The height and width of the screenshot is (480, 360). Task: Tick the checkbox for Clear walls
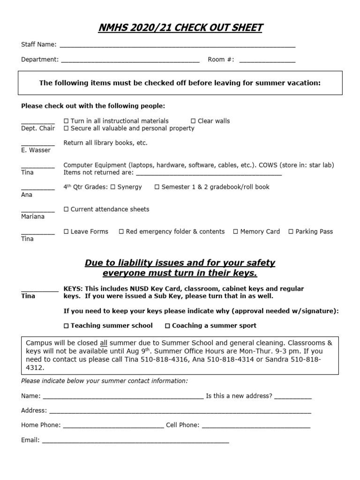[193, 121]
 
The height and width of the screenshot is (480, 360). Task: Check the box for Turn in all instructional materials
[66, 121]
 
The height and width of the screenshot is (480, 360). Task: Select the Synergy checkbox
[112, 187]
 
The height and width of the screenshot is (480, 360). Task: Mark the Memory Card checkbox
[236, 232]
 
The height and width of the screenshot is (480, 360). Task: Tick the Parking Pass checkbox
[291, 232]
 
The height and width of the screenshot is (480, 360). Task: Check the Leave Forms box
[66, 232]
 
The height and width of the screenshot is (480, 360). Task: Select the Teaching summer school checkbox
[66, 326]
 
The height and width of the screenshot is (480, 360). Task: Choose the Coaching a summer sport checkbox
[167, 326]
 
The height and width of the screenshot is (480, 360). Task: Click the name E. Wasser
[36, 150]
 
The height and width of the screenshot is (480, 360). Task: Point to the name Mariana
[33, 217]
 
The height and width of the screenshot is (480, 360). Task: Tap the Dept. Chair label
[38, 128]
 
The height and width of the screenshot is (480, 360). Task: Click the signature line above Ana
[37, 189]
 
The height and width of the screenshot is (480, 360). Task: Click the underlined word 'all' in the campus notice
[104, 343]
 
